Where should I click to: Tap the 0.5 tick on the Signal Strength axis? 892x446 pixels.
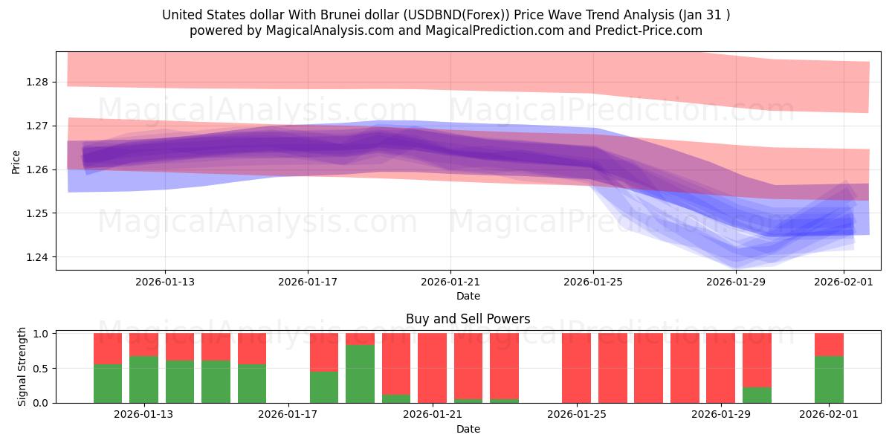(39, 368)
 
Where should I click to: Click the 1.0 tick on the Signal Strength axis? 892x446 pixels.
(39, 334)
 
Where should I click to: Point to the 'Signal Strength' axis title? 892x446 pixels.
(22, 366)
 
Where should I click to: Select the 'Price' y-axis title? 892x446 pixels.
(16, 161)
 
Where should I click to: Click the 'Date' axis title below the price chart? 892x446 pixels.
(468, 296)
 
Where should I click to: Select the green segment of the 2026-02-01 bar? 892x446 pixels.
(829, 379)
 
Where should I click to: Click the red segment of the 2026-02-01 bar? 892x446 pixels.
(829, 344)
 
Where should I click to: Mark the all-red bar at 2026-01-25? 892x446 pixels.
(576, 368)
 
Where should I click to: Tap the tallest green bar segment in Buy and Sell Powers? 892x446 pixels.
(360, 373)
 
